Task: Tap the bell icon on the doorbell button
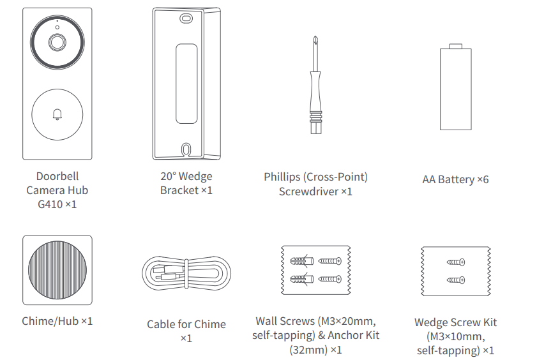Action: (57, 114)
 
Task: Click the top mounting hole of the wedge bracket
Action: (185, 19)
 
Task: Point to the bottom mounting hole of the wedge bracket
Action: (185, 149)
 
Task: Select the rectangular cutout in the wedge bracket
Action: (186, 83)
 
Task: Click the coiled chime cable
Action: (186, 274)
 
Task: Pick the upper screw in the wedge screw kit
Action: (456, 262)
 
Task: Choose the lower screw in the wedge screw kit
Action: (456, 280)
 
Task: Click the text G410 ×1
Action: (57, 204)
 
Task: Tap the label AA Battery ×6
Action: (455, 179)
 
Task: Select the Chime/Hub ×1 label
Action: (57, 321)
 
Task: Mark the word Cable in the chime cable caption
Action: (162, 324)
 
